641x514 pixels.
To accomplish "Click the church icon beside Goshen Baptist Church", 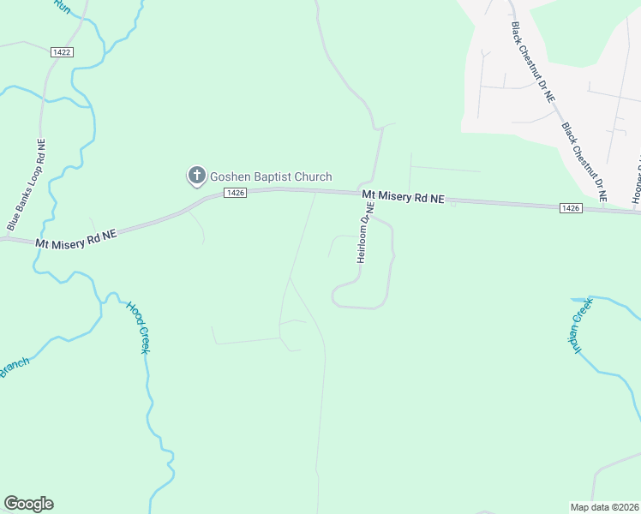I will click(195, 176).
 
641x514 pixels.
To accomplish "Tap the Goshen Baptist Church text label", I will click(271, 176).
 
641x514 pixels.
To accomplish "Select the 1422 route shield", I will click(62, 52).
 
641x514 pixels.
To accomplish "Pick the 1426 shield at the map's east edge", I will click(572, 207).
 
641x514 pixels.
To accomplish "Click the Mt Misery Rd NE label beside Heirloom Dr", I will click(403, 198).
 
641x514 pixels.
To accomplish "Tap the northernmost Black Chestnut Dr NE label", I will click(532, 63).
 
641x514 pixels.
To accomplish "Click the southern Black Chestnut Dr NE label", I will click(584, 161).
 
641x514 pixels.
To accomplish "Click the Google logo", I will click(28, 504).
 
